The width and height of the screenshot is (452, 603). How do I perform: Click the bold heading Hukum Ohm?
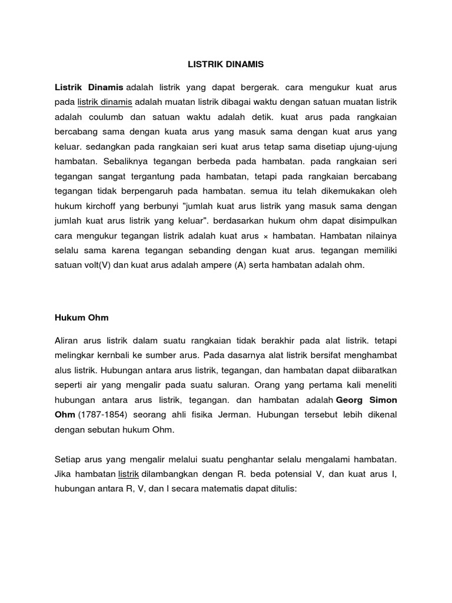82,317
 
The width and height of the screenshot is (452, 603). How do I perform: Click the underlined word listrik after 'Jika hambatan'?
128,474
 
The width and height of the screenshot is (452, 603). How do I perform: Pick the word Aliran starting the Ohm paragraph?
68,340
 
